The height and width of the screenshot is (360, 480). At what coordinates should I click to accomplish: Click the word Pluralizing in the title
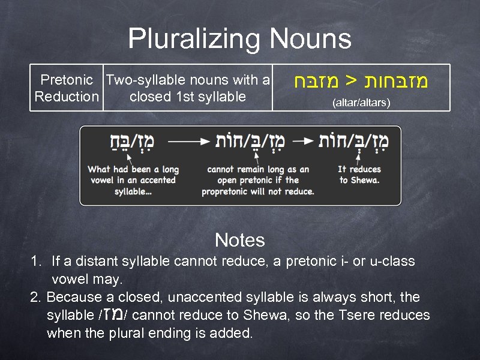[194, 40]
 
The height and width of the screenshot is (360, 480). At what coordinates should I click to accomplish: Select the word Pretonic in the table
[67, 80]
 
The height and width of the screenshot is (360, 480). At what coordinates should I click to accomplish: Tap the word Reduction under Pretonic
[67, 97]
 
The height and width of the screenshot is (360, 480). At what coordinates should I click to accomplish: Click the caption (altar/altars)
[361, 103]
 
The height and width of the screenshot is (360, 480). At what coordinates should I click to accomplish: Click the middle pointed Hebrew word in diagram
[257, 142]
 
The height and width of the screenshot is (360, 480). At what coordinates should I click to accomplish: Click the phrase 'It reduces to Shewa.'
[359, 175]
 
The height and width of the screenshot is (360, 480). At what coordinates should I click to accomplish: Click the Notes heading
[239, 241]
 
